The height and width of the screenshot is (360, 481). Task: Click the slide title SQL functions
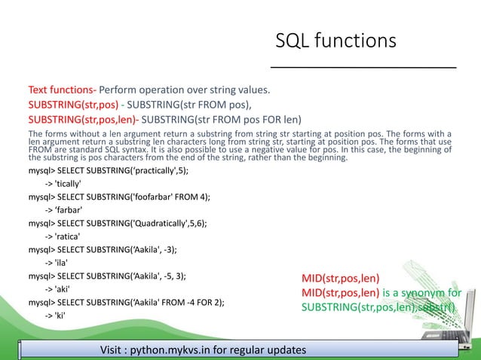[335, 39]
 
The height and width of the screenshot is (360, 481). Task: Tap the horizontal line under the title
[363, 68]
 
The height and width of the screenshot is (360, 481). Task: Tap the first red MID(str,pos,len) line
[340, 278]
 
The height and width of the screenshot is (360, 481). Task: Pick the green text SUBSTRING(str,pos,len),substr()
[382, 307]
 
